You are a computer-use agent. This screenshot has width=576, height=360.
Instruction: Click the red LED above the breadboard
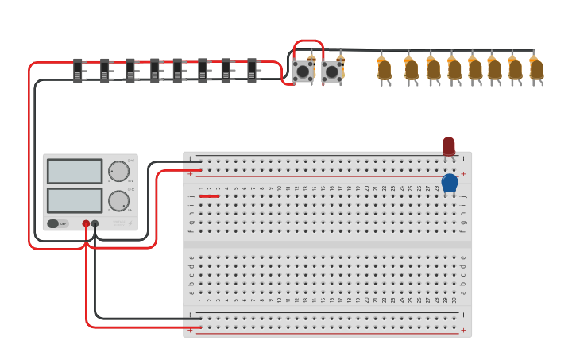click(x=449, y=145)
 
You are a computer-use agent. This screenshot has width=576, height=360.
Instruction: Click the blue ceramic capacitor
click(x=450, y=183)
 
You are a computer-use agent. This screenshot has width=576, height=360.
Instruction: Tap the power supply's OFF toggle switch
click(x=57, y=223)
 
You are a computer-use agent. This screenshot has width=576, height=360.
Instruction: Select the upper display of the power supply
click(x=75, y=172)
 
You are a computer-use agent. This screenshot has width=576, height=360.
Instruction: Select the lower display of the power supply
click(x=75, y=200)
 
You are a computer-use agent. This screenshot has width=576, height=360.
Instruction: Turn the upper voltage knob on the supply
click(x=118, y=172)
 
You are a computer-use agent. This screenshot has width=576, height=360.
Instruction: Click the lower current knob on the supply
click(x=118, y=201)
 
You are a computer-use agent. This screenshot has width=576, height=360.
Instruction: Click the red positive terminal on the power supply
click(x=86, y=224)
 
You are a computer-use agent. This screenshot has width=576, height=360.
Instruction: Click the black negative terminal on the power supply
click(x=95, y=224)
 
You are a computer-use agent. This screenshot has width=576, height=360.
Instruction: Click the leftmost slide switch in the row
click(x=78, y=70)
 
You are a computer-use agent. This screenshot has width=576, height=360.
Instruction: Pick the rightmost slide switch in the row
click(x=252, y=70)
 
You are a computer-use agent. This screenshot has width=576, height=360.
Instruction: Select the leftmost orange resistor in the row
click(x=385, y=70)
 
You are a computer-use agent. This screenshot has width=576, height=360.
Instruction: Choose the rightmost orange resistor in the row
click(x=537, y=70)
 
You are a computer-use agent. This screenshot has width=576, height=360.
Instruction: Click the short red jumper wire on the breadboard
click(x=210, y=195)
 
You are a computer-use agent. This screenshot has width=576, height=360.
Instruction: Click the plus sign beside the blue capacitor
click(x=463, y=174)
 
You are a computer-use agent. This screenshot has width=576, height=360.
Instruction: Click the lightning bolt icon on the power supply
click(x=130, y=224)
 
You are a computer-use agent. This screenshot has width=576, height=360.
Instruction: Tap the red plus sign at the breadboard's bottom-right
click(x=463, y=330)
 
